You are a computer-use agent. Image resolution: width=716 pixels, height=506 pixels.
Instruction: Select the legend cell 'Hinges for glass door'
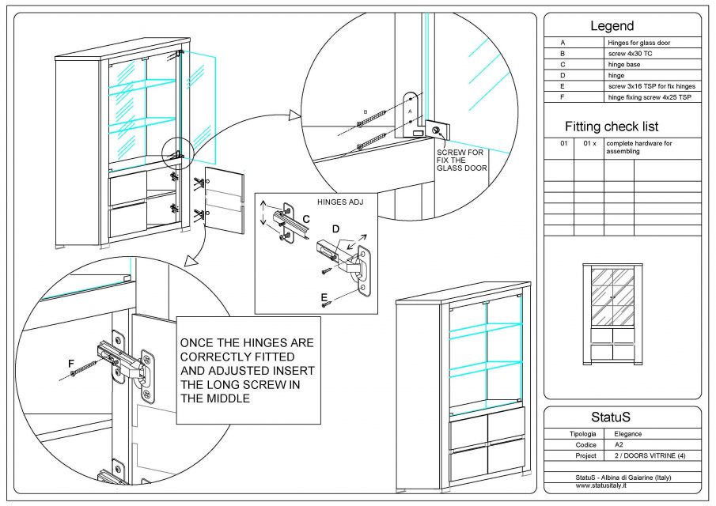click(x=638, y=43)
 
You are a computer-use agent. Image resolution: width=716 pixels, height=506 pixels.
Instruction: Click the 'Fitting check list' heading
click(x=612, y=126)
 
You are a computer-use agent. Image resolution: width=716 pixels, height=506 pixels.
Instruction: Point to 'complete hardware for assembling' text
click(x=639, y=147)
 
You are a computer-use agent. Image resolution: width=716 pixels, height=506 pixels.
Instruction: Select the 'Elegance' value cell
click(x=628, y=434)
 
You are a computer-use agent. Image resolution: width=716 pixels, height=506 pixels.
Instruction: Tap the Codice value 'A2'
click(x=619, y=445)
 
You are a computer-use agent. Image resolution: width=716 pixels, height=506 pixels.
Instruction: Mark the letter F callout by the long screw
click(x=71, y=363)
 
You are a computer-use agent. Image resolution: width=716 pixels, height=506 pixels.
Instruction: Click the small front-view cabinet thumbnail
click(x=612, y=314)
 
